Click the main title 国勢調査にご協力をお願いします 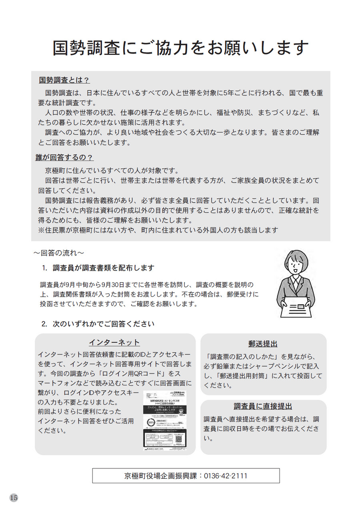click(180, 48)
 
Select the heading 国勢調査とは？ click(64, 80)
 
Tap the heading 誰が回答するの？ click(65, 158)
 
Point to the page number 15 click(14, 498)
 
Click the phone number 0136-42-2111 click(226, 476)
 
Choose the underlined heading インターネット click(114, 342)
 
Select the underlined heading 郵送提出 click(263, 344)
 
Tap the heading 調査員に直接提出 click(263, 407)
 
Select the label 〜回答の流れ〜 click(58, 253)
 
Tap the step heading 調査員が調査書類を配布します click(103, 268)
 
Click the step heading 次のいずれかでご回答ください click(103, 323)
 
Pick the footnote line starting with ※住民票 click(158, 230)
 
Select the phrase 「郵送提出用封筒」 click(245, 376)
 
